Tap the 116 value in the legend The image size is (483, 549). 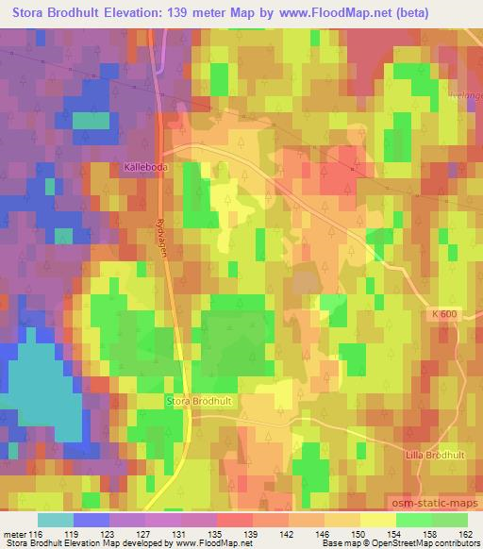(x=37, y=534)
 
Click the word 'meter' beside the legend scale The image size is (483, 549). (x=14, y=534)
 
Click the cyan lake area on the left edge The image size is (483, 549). (x=38, y=387)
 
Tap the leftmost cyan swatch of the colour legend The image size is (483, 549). (x=57, y=520)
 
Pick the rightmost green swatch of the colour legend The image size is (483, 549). (x=450, y=520)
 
